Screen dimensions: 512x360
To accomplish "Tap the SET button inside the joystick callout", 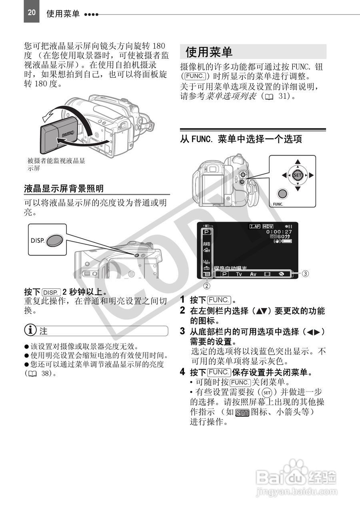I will pos(297,175).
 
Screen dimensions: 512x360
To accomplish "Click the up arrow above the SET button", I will pos(297,162).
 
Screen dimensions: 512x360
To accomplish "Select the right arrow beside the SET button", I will pos(311,175).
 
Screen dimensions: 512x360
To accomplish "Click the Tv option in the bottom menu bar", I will pos(239,274).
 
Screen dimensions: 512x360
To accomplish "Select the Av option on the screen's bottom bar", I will pos(253,274).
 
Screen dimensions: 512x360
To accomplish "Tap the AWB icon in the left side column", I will pos(206,244).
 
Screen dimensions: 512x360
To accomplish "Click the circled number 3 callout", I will pos(305,274).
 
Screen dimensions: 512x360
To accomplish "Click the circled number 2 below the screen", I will pos(207,286).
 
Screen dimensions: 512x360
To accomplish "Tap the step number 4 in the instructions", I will pos(182,372).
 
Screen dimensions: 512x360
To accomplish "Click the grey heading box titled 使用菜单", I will pos(253,52).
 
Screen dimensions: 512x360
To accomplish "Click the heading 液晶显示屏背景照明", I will pos(64,188).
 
